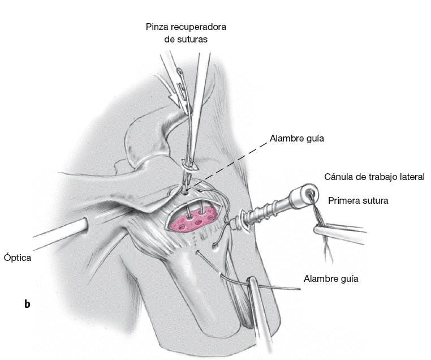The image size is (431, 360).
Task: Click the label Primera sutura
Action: tap(358, 200)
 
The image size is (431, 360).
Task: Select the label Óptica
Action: tap(16, 258)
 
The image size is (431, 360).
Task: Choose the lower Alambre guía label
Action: tap(331, 278)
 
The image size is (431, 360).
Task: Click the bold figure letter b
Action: tap(27, 305)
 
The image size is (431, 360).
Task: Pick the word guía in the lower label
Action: tap(348, 279)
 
